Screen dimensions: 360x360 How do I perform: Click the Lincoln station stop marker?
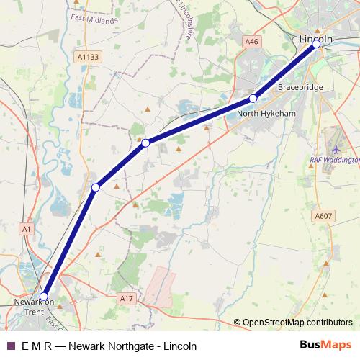pos(316,45)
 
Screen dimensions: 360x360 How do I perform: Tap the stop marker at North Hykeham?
pos(253,98)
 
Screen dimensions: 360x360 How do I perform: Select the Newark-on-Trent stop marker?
pos(44,296)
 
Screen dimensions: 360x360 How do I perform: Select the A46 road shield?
pos(251,42)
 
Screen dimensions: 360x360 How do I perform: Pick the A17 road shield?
pos(127,297)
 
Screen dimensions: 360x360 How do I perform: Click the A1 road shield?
pos(27,229)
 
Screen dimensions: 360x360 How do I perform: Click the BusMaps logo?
pos(325,345)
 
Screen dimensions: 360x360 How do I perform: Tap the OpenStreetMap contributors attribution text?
pos(297,323)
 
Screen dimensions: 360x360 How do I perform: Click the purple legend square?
pos(10,346)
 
